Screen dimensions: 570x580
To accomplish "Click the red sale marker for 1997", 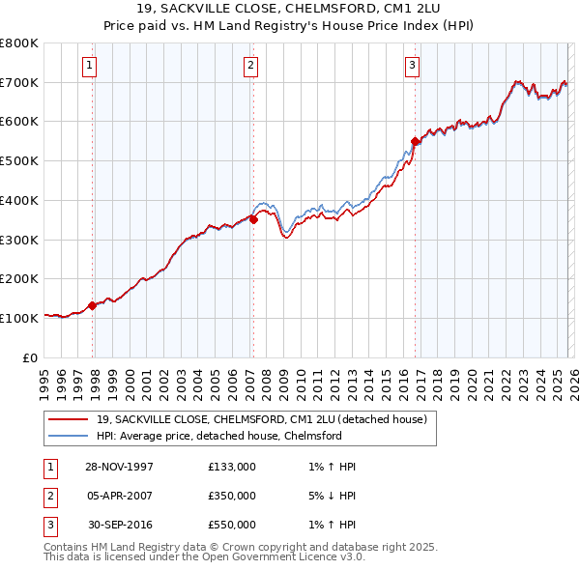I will point(93,305).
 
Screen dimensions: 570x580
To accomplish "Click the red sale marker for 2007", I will point(253,219).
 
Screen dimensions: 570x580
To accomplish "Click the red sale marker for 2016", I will point(416,141).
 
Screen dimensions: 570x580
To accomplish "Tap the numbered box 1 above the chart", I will point(89,66).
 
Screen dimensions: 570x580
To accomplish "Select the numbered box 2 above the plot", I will point(250,66).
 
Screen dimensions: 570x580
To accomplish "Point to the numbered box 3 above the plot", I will point(412,66).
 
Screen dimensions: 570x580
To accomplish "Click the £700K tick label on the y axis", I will point(19,82).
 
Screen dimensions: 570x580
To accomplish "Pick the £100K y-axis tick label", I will point(19,318).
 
